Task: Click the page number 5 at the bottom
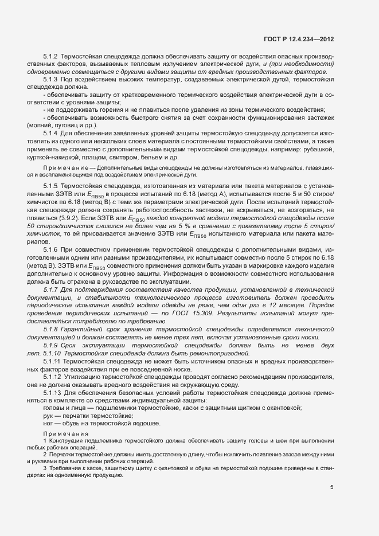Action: (x=332, y=487)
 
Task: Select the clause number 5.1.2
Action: (x=51, y=58)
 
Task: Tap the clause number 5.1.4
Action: (x=51, y=134)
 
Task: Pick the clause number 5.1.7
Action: (x=51, y=290)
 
